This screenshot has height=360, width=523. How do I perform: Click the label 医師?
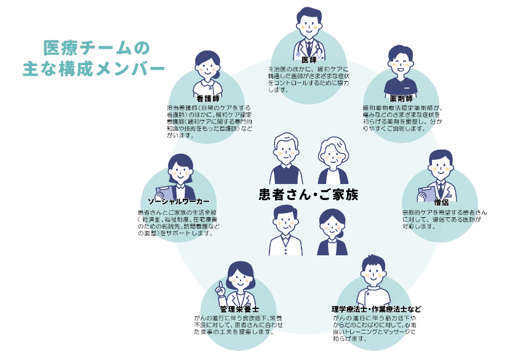(x=309, y=60)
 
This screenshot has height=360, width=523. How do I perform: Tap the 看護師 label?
(x=207, y=98)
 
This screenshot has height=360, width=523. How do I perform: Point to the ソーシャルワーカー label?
(x=178, y=202)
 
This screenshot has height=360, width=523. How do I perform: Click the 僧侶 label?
(x=441, y=202)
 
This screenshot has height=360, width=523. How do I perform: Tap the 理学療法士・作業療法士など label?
(x=376, y=308)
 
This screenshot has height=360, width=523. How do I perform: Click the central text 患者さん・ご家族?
(x=308, y=195)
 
